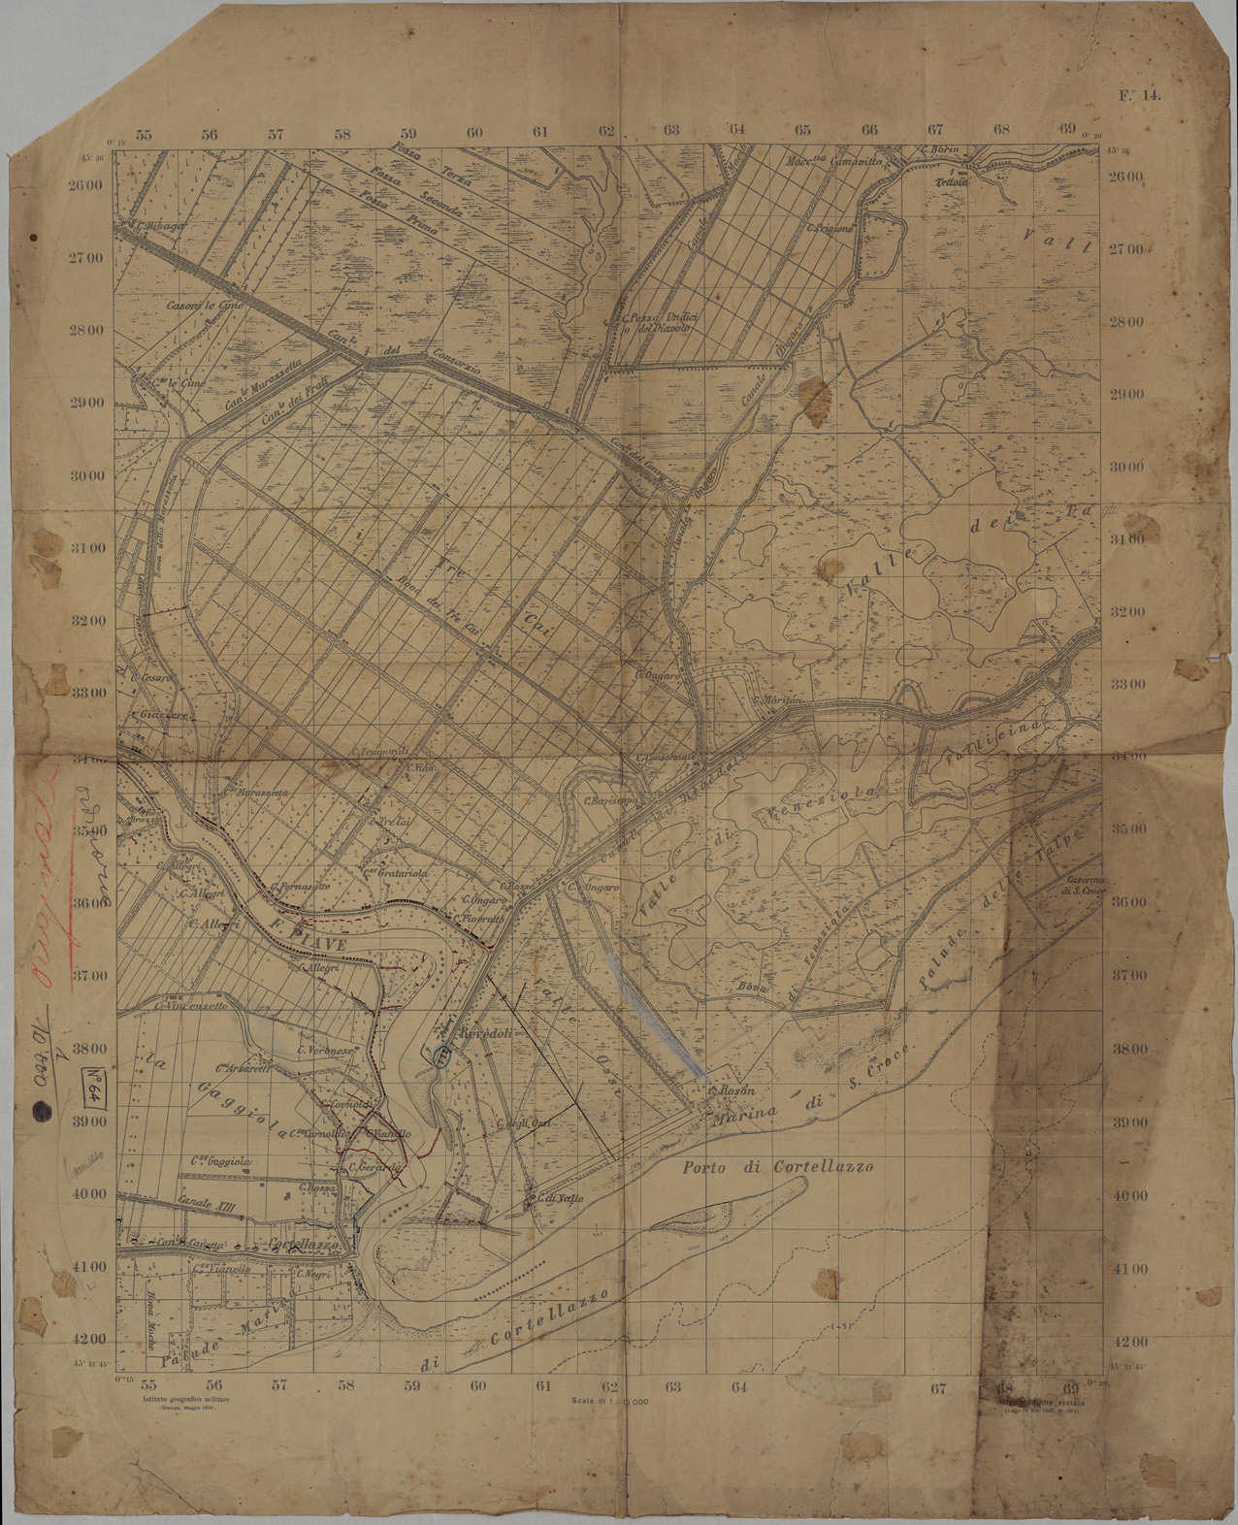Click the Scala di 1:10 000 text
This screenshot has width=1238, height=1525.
click(x=611, y=1401)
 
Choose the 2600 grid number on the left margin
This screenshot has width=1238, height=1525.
click(x=94, y=184)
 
